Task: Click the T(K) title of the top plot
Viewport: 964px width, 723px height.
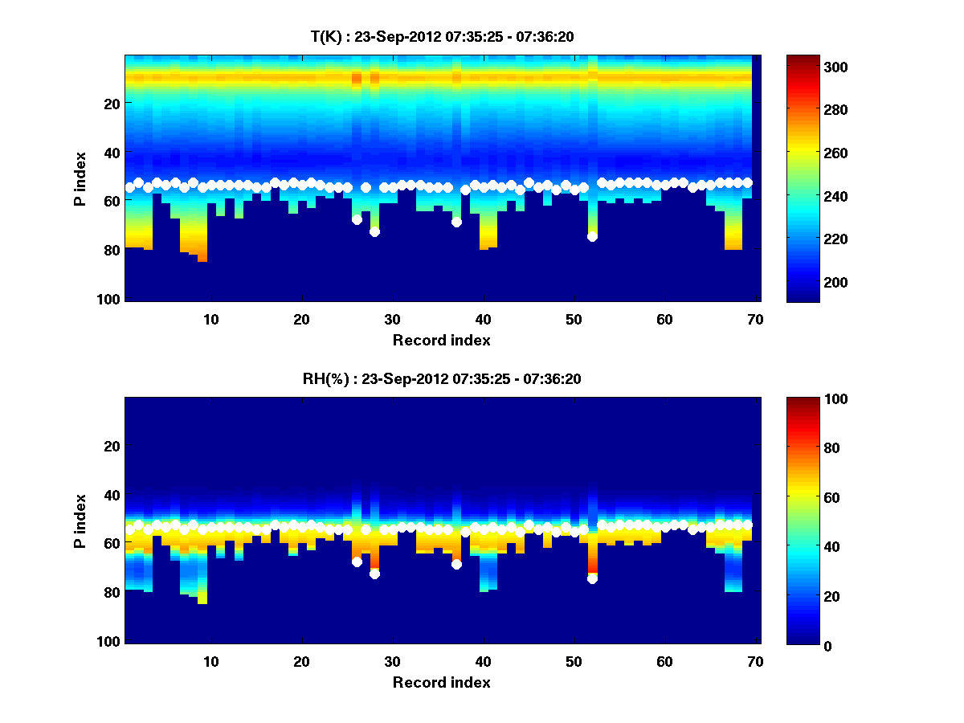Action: tap(441, 36)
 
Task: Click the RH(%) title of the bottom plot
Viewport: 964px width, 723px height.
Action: tap(441, 378)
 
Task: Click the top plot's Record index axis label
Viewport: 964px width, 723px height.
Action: tap(441, 340)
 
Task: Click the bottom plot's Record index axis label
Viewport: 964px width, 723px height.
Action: tap(441, 682)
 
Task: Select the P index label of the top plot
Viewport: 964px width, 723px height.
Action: tap(80, 178)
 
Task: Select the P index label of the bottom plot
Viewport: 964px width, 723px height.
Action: tap(80, 521)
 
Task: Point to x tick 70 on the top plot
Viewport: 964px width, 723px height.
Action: tap(755, 319)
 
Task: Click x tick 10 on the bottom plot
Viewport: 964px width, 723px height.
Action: tap(210, 661)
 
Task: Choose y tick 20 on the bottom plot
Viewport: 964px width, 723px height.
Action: tap(112, 446)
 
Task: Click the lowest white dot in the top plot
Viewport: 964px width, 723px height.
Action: tap(592, 236)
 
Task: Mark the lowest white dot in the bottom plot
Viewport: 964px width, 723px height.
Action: tap(592, 578)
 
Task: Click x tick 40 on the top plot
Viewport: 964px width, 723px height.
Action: tap(483, 319)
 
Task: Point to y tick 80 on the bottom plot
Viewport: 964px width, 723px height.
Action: tap(112, 593)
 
